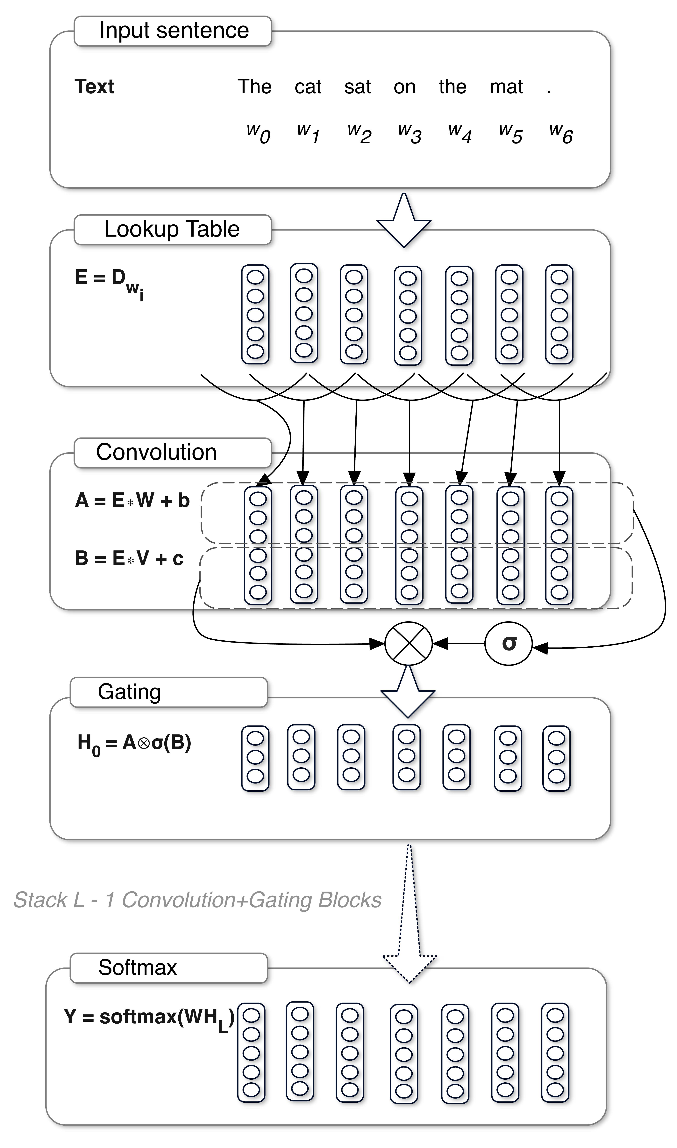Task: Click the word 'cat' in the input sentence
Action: pyautogui.click(x=308, y=87)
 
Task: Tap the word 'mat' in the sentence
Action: pyautogui.click(x=506, y=87)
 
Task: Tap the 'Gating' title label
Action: pyautogui.click(x=130, y=692)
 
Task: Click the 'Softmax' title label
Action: pyautogui.click(x=137, y=968)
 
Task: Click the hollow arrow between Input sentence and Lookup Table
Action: pyautogui.click(x=404, y=221)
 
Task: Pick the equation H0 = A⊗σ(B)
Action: pyautogui.click(x=134, y=744)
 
